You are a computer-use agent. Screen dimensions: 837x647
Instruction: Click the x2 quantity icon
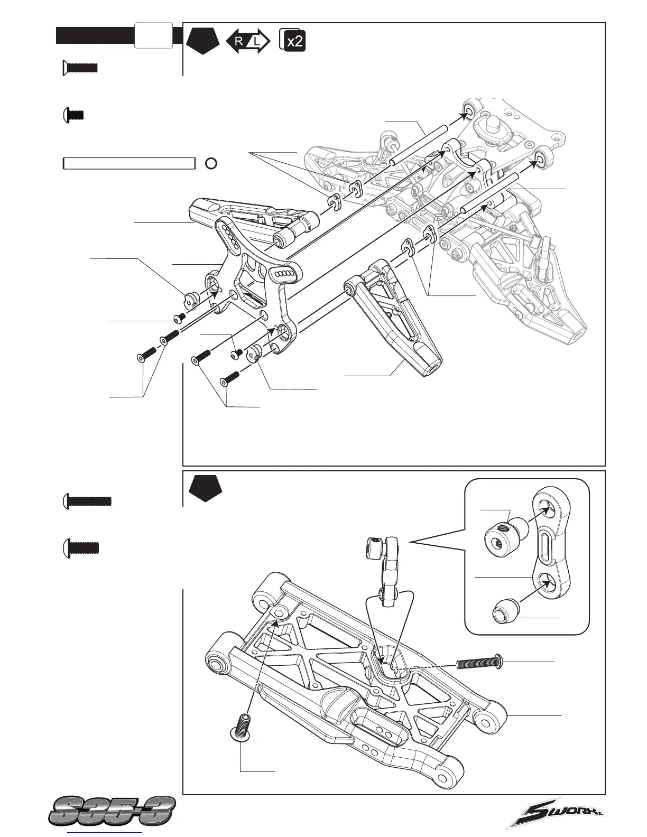(x=293, y=41)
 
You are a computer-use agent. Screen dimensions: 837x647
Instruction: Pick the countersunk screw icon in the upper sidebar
(x=80, y=67)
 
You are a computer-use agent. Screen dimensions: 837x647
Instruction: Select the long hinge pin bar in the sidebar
(x=129, y=163)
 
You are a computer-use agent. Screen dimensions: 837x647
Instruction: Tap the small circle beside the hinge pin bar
(x=210, y=163)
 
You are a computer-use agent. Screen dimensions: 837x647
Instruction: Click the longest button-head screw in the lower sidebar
(x=87, y=500)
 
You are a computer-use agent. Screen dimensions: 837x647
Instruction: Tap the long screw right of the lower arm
(x=479, y=662)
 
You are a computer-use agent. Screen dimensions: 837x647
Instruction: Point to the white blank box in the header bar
(x=153, y=35)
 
